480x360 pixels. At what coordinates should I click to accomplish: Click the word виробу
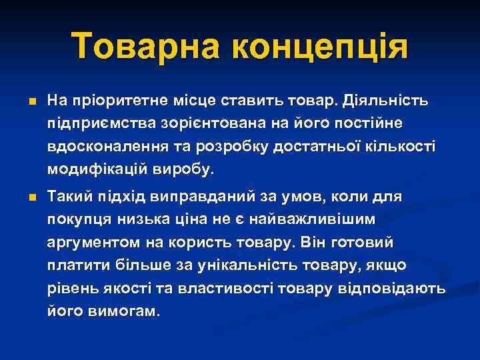(x=186, y=169)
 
